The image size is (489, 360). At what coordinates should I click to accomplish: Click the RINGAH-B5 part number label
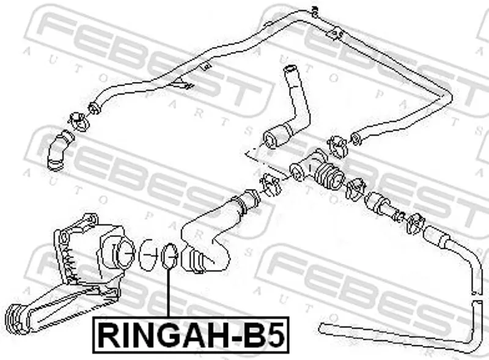click(191, 335)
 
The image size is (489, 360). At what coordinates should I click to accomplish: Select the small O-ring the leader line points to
click(170, 255)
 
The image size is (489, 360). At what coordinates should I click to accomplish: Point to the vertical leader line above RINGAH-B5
click(169, 293)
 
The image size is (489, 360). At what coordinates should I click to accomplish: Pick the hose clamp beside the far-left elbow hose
click(79, 122)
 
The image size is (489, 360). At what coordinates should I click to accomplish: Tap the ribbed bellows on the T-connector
click(329, 175)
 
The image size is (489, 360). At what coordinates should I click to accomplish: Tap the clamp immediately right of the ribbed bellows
click(356, 188)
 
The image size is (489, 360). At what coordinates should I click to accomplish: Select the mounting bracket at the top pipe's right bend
click(335, 34)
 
